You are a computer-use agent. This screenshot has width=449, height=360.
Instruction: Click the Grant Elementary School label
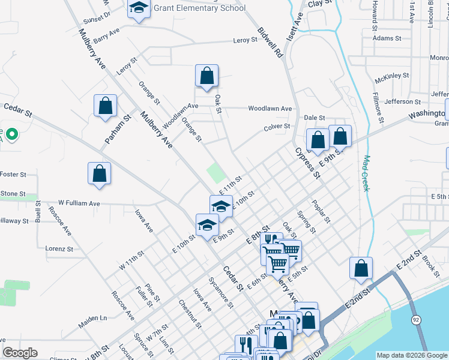click(200, 8)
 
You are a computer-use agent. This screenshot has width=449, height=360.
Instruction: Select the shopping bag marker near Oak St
click(206, 76)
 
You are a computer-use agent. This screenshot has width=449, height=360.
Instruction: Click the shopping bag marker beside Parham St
click(106, 106)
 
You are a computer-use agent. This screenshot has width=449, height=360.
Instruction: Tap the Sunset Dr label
click(98, 16)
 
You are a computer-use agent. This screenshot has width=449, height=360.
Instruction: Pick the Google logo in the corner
click(20, 353)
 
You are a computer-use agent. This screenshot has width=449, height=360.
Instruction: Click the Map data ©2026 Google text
click(411, 355)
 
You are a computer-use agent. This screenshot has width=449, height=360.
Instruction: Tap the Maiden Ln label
click(92, 317)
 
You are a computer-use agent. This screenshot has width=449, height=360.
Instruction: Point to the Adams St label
click(387, 38)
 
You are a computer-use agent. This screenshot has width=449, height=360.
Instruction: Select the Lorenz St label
click(59, 248)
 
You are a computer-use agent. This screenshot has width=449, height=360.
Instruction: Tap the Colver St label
click(277, 127)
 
